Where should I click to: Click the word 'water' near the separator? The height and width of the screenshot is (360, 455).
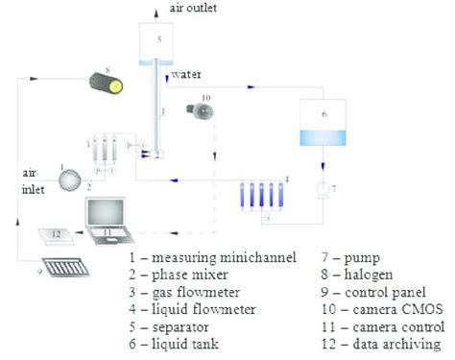pos(186,74)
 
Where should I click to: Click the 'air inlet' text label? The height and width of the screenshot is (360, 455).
pos(30,179)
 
